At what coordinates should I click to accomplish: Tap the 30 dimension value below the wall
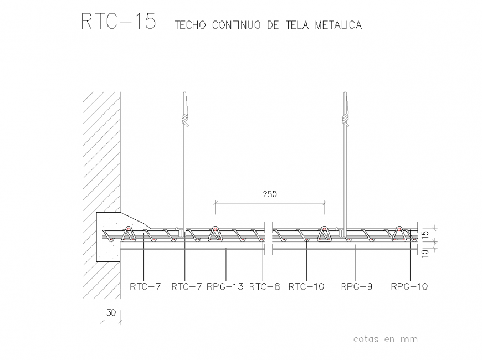pyautogui.click(x=111, y=313)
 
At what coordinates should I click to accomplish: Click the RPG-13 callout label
pyautogui.click(x=225, y=287)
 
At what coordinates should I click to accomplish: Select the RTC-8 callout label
pyautogui.click(x=264, y=287)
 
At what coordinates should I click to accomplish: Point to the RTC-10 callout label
pyautogui.click(x=306, y=287)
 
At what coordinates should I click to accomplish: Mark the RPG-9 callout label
pyautogui.click(x=356, y=287)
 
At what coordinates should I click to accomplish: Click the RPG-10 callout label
pyautogui.click(x=409, y=287)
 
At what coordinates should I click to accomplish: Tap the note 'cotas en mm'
pyautogui.click(x=385, y=339)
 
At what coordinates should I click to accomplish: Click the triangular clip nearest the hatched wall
pyautogui.click(x=129, y=234)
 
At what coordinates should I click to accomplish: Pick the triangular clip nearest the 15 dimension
pyautogui.click(x=399, y=234)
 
